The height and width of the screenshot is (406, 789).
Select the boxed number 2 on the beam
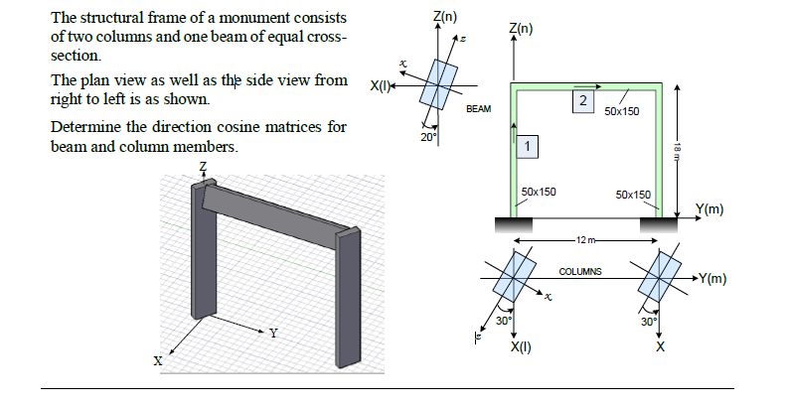tap(583, 102)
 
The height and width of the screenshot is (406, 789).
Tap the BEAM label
tap(478, 108)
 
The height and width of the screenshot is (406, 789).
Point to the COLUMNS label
tap(583, 272)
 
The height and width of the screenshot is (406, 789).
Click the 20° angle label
tap(427, 137)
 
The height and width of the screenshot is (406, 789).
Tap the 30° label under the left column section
tap(504, 321)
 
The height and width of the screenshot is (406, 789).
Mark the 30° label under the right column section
tap(648, 321)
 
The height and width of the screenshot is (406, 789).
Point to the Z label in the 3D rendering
tap(204, 165)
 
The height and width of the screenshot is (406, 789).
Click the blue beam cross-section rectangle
tap(437, 84)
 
